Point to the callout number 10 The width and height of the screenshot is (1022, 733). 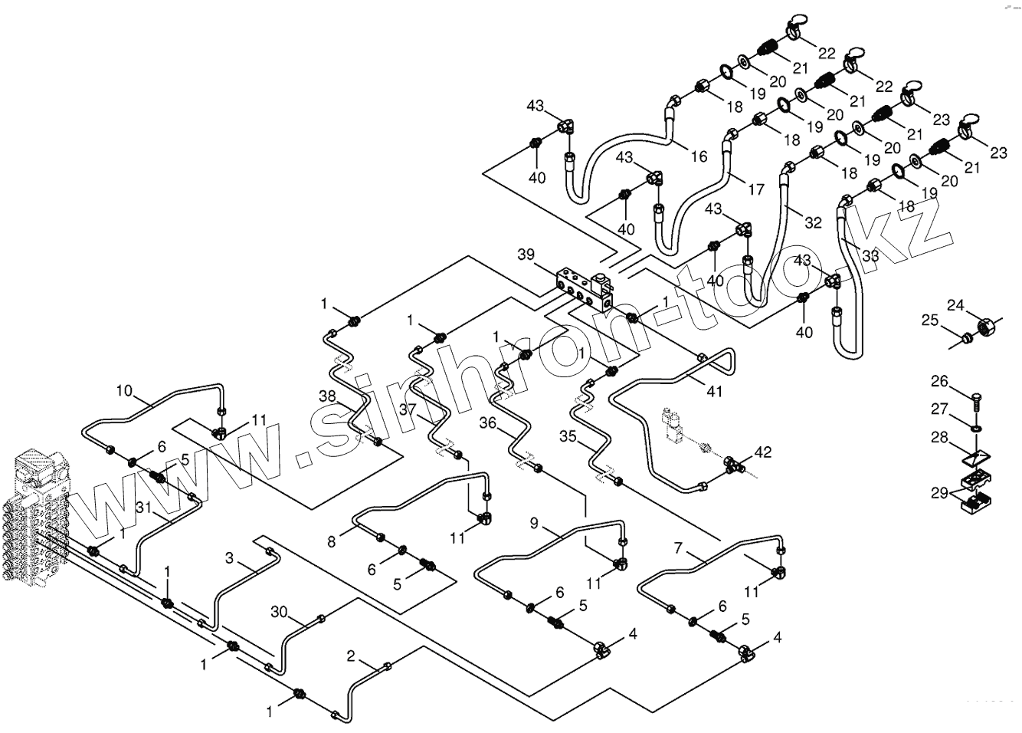tap(124, 390)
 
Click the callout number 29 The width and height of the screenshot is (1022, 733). tap(939, 492)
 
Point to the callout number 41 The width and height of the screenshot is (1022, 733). tap(714, 392)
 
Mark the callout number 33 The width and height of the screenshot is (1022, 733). tap(870, 255)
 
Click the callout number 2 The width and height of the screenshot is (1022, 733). tap(351, 656)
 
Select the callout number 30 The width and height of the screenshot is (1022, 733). tap(280, 611)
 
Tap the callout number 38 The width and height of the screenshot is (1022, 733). tap(328, 396)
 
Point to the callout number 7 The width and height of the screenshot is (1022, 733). tap(678, 548)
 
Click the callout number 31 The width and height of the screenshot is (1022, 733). tap(145, 507)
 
